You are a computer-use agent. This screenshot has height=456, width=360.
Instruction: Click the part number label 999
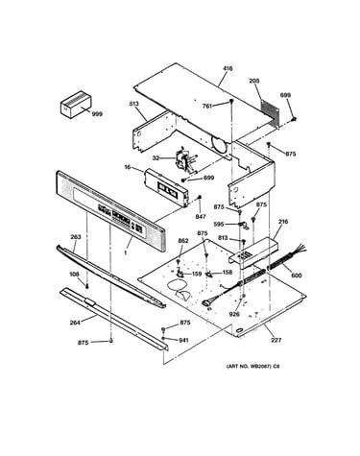pyautogui.click(x=97, y=113)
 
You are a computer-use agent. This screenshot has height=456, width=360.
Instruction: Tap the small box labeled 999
pyautogui.click(x=76, y=105)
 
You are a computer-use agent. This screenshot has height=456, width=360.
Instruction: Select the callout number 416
pyautogui.click(x=228, y=68)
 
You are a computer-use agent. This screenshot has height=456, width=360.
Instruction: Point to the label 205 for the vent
pyautogui.click(x=254, y=81)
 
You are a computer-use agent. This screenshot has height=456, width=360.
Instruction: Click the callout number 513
pyautogui.click(x=133, y=104)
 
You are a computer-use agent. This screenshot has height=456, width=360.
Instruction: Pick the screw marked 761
pyautogui.click(x=231, y=102)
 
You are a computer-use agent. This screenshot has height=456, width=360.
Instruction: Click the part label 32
pyautogui.click(x=156, y=157)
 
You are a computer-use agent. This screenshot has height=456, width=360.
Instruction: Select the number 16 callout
pyautogui.click(x=128, y=167)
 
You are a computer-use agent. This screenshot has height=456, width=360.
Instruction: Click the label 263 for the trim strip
pyautogui.click(x=76, y=237)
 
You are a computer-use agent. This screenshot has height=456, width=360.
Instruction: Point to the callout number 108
pyautogui.click(x=75, y=274)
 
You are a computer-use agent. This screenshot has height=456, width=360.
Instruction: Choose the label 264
pyautogui.click(x=75, y=323)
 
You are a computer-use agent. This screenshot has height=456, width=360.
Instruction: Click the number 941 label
pyautogui.click(x=183, y=340)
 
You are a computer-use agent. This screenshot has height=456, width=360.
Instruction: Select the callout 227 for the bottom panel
pyautogui.click(x=276, y=340)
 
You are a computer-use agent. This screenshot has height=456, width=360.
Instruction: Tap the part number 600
pyautogui.click(x=297, y=276)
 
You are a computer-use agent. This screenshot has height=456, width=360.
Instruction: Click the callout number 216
pyautogui.click(x=283, y=222)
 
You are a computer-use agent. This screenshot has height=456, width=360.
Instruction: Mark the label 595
pyautogui.click(x=219, y=225)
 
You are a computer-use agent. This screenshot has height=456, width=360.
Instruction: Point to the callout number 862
pyautogui.click(x=183, y=241)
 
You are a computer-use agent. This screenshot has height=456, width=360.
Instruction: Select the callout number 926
pyautogui.click(x=234, y=314)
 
